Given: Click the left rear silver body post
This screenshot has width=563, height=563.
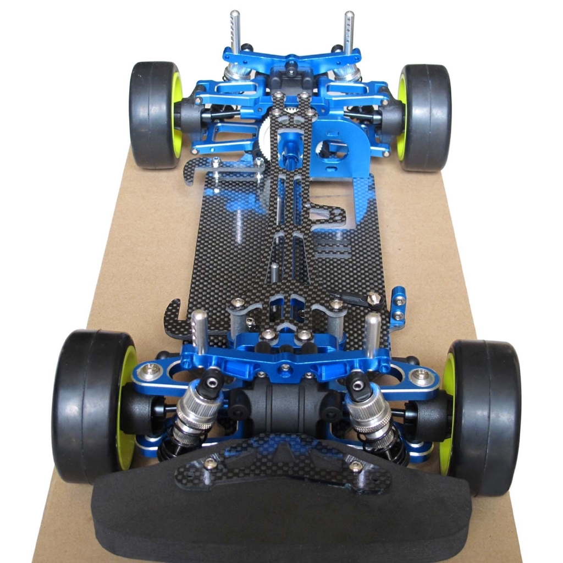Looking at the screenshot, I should coord(235,30).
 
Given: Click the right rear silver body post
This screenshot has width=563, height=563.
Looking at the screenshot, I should coord(349,30).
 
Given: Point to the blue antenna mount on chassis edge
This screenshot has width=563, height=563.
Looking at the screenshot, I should coord(399,308).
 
